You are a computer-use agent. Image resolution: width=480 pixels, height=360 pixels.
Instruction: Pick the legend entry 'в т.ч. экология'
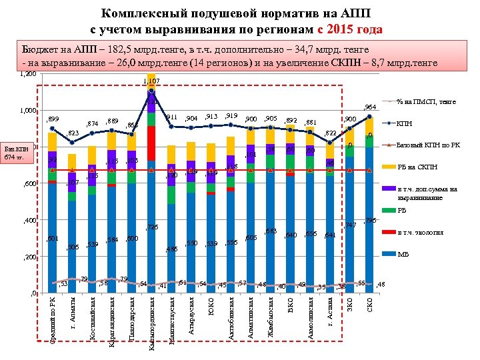tap(419, 232)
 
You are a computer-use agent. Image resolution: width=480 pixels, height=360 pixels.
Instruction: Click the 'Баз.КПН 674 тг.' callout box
tap(19, 152)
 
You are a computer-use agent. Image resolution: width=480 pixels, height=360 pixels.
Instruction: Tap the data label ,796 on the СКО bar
tap(371, 221)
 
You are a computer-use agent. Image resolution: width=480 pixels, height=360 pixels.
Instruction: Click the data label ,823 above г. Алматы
tap(73, 133)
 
